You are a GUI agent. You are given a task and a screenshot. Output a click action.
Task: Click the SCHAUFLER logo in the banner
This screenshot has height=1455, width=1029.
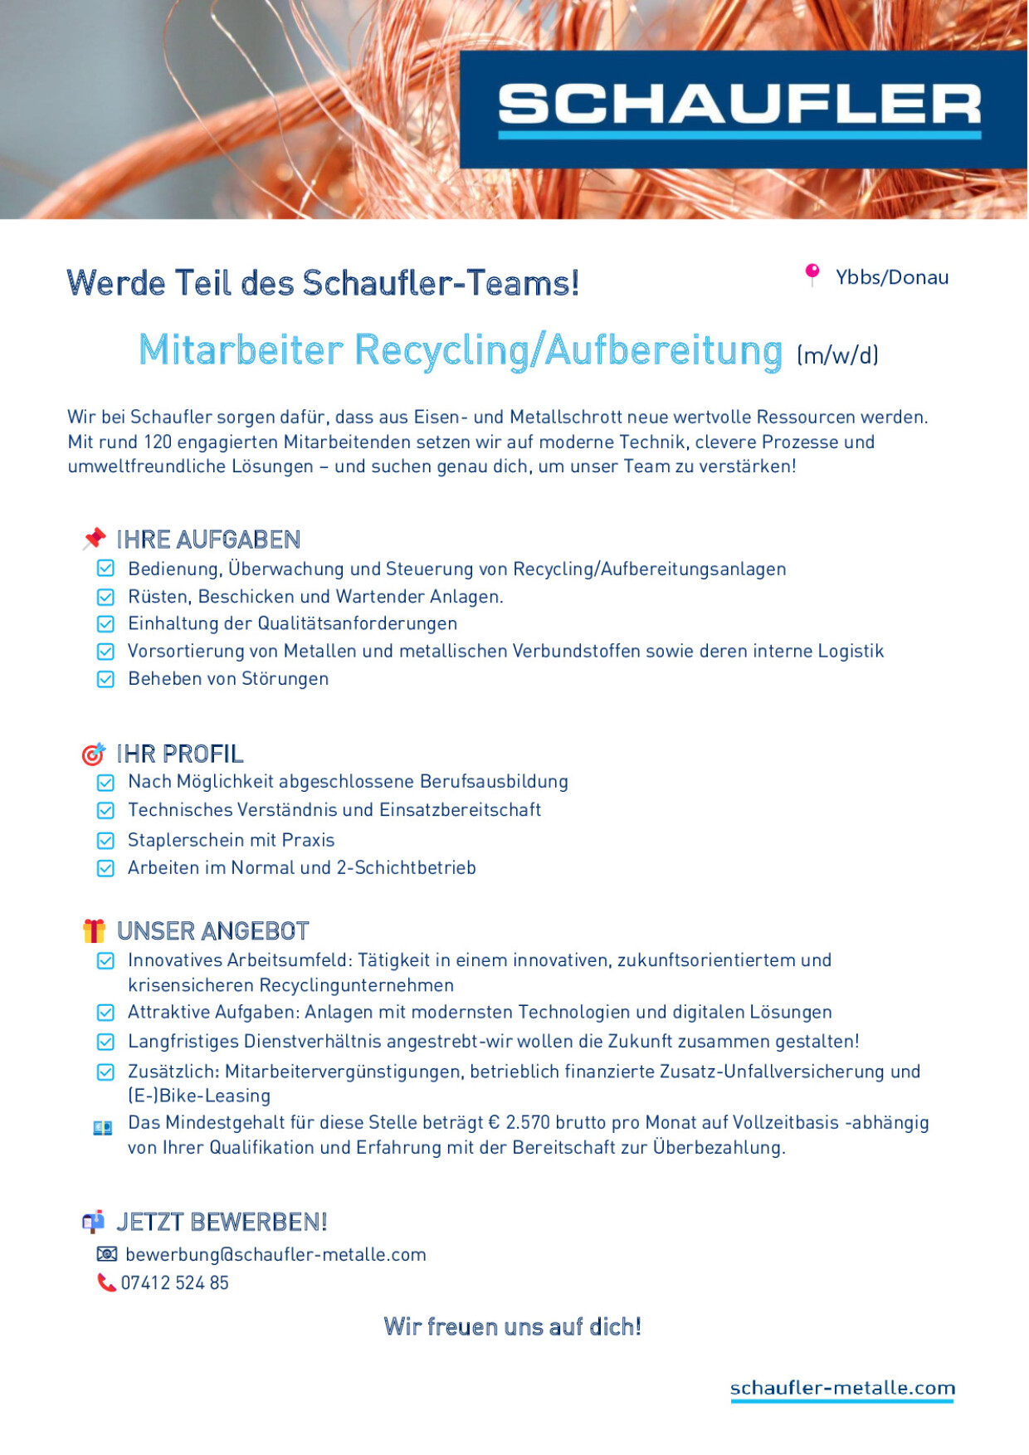pos(739,109)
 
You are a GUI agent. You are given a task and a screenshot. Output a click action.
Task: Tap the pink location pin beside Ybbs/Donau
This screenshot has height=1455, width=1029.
pos(812,273)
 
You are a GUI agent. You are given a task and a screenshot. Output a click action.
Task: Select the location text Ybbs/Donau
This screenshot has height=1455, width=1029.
pos(892,277)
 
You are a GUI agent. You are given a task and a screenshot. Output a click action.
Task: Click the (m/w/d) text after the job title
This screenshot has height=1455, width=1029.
pos(837,355)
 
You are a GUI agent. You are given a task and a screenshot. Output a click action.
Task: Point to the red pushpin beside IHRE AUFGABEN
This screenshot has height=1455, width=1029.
pos(95,539)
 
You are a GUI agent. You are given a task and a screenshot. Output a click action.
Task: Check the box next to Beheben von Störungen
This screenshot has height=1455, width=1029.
pos(105,679)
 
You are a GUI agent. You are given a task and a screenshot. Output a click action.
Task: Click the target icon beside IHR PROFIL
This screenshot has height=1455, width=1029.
pos(93,754)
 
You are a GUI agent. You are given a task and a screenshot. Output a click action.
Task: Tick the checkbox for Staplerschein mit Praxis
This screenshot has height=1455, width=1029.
pos(105,840)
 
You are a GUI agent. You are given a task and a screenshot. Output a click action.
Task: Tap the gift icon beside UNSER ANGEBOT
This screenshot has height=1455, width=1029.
pos(94,930)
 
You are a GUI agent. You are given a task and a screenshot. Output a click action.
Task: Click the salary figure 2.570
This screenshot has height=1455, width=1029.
pos(528,1123)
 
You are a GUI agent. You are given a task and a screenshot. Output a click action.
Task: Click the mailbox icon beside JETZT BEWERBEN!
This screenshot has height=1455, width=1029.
pos(93,1221)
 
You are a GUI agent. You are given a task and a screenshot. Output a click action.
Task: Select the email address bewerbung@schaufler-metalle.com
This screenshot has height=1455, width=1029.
pos(276,1254)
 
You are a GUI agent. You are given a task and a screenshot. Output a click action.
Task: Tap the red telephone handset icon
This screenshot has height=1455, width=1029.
pos(106,1282)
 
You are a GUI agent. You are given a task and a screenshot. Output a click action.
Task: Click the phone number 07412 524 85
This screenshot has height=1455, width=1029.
pos(175,1282)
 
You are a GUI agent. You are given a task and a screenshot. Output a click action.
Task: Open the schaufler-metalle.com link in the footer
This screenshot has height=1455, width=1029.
pos(842,1388)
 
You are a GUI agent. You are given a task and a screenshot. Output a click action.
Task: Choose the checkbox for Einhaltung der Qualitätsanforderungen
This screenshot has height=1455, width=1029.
pos(105,623)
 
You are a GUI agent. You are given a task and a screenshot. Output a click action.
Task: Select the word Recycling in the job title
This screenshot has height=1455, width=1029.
pos(441,349)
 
